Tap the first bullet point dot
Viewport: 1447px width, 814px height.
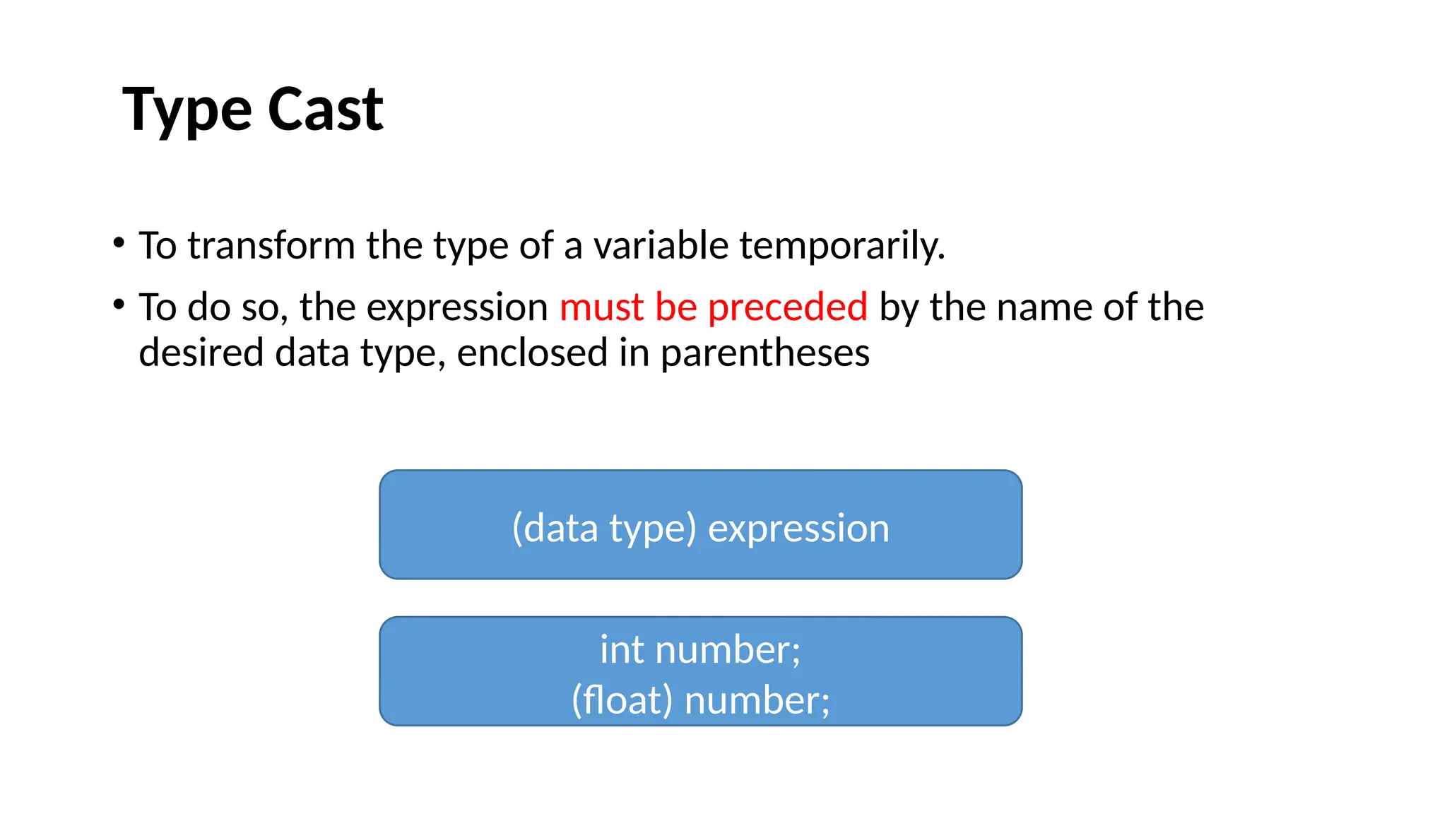coord(119,243)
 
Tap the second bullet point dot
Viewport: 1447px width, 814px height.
coord(119,305)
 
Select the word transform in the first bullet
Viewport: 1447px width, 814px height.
coord(271,246)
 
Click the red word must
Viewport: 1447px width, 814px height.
coord(601,307)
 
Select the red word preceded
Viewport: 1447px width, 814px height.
coord(787,307)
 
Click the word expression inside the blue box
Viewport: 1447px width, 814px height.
coord(798,529)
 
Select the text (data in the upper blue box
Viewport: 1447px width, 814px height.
coord(555,529)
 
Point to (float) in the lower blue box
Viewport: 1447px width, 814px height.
coord(622,701)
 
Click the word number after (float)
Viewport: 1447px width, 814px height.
coord(757,701)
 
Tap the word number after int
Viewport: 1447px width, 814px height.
coord(728,649)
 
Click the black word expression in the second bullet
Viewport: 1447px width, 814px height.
coord(457,308)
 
